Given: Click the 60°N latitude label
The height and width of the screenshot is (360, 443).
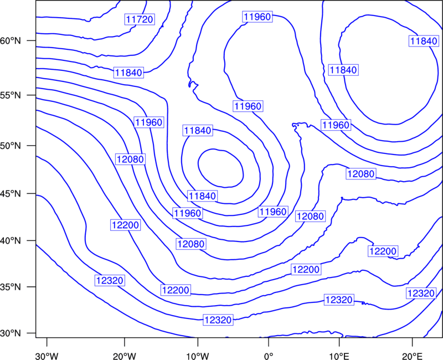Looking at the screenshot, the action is tap(11, 40).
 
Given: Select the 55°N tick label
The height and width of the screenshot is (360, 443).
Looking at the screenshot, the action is tap(11, 95).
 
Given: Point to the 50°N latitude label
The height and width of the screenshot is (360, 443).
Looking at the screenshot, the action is tap(11, 146).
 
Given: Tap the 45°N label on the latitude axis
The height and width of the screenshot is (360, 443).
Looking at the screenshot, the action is tap(11, 193).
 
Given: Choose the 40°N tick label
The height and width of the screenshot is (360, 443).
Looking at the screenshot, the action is tap(11, 241).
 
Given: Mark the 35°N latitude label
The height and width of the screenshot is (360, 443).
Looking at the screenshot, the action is tap(11, 287).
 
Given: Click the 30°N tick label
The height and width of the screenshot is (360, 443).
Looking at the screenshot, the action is tap(11, 333).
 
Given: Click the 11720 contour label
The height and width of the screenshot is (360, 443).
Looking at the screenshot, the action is tap(140, 19).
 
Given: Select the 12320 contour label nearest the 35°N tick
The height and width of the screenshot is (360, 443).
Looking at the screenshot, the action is tap(110, 280).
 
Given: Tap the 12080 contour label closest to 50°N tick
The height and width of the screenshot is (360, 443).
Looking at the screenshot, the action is tap(131, 160).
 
